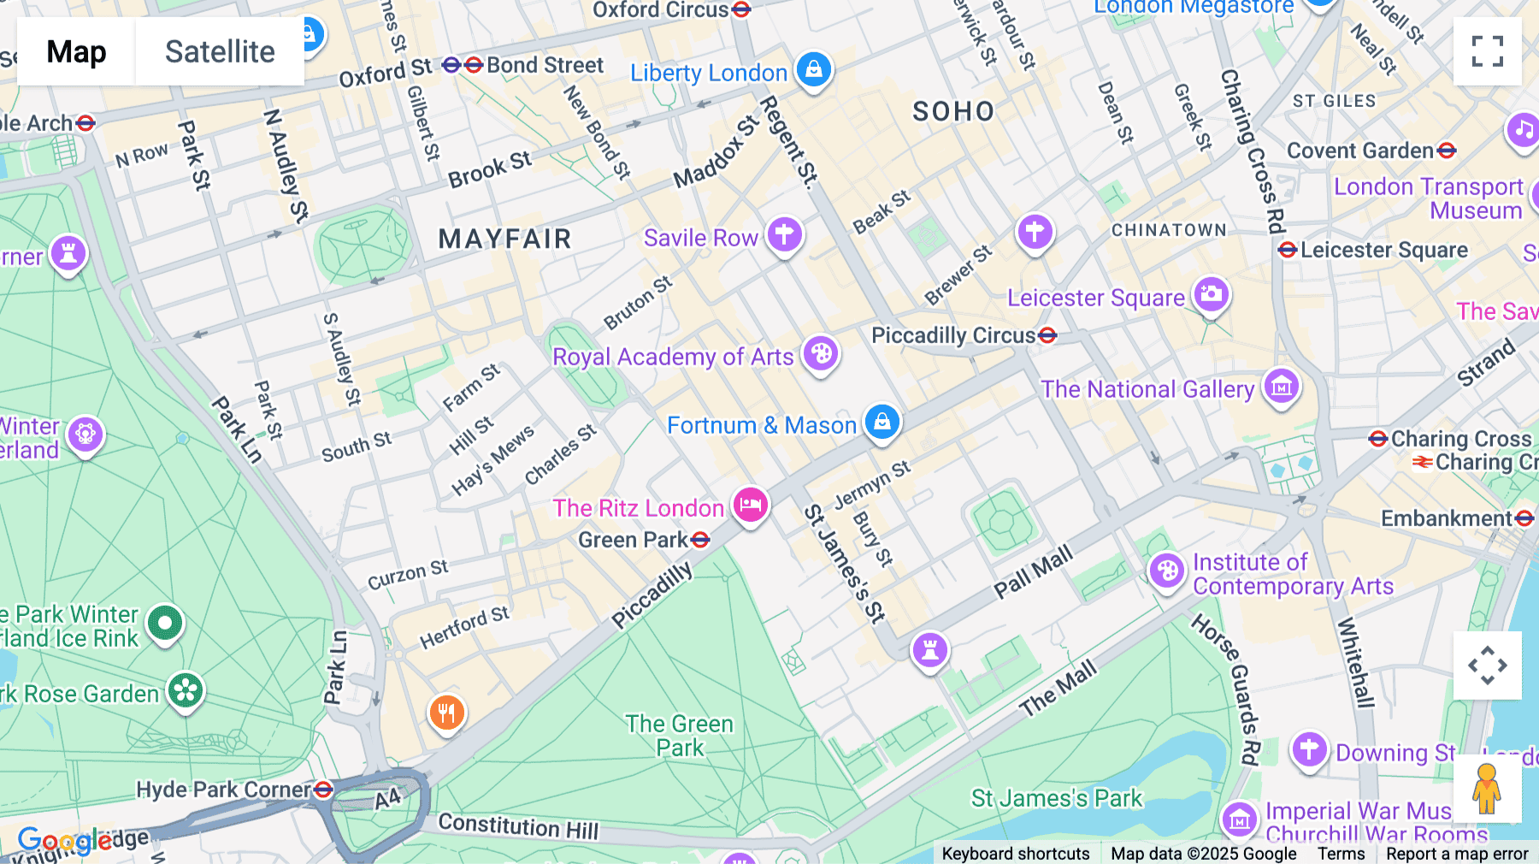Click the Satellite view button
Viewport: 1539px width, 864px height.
(220, 51)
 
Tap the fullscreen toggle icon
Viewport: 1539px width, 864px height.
(1487, 51)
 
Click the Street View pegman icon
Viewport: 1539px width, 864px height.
(1487, 788)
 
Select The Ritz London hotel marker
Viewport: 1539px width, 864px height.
(751, 505)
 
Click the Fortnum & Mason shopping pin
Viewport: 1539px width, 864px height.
(882, 422)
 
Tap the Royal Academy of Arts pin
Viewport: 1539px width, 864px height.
(821, 353)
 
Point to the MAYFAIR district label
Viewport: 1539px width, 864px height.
(504, 239)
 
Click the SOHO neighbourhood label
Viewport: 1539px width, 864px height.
(953, 111)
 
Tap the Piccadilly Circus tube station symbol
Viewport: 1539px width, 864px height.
(1047, 335)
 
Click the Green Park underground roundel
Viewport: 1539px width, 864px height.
(700, 540)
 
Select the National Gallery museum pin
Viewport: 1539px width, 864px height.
(1281, 388)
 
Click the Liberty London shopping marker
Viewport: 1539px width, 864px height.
(813, 69)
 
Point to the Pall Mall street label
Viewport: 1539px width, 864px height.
(1033, 572)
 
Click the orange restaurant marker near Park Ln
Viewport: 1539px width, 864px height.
(446, 711)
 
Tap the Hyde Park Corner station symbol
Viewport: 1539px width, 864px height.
(323, 790)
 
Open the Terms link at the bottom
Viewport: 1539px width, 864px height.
(1341, 854)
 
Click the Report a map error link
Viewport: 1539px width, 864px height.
(1457, 854)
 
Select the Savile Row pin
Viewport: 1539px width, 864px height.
(784, 234)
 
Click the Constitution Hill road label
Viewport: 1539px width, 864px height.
(518, 826)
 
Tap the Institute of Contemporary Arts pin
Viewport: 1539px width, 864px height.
(1166, 571)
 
